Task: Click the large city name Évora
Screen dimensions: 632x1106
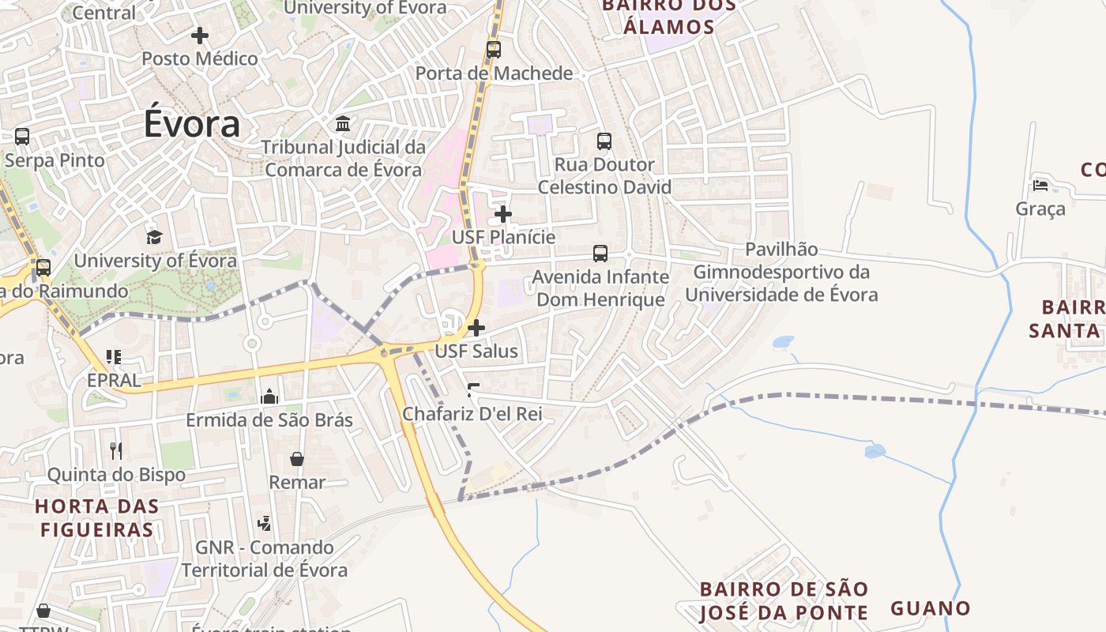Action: [192, 125]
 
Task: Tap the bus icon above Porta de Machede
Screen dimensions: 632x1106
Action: [494, 50]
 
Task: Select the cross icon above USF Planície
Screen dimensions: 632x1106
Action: [503, 214]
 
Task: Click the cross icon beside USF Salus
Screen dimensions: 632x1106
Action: [476, 328]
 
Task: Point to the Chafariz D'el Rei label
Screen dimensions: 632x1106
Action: [472, 413]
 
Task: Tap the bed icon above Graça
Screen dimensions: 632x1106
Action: [1040, 186]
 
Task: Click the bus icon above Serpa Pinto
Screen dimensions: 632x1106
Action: [22, 137]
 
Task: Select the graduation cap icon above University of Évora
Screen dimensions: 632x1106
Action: [154, 237]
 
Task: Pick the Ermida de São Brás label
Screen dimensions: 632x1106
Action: [269, 419]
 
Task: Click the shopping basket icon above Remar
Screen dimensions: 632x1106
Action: [297, 459]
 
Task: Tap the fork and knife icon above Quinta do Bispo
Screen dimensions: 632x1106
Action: [116, 450]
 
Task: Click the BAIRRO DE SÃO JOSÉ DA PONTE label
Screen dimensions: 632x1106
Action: [784, 600]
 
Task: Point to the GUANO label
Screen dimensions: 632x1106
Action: [931, 608]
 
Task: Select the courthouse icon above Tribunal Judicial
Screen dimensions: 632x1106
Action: [344, 124]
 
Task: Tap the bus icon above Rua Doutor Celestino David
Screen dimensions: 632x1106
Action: [604, 141]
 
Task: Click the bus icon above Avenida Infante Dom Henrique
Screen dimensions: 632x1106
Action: [600, 254]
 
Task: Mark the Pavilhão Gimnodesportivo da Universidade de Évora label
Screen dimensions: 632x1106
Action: [781, 273]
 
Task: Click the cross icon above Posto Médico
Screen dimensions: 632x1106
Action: [200, 36]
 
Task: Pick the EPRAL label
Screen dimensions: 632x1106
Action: [114, 380]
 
